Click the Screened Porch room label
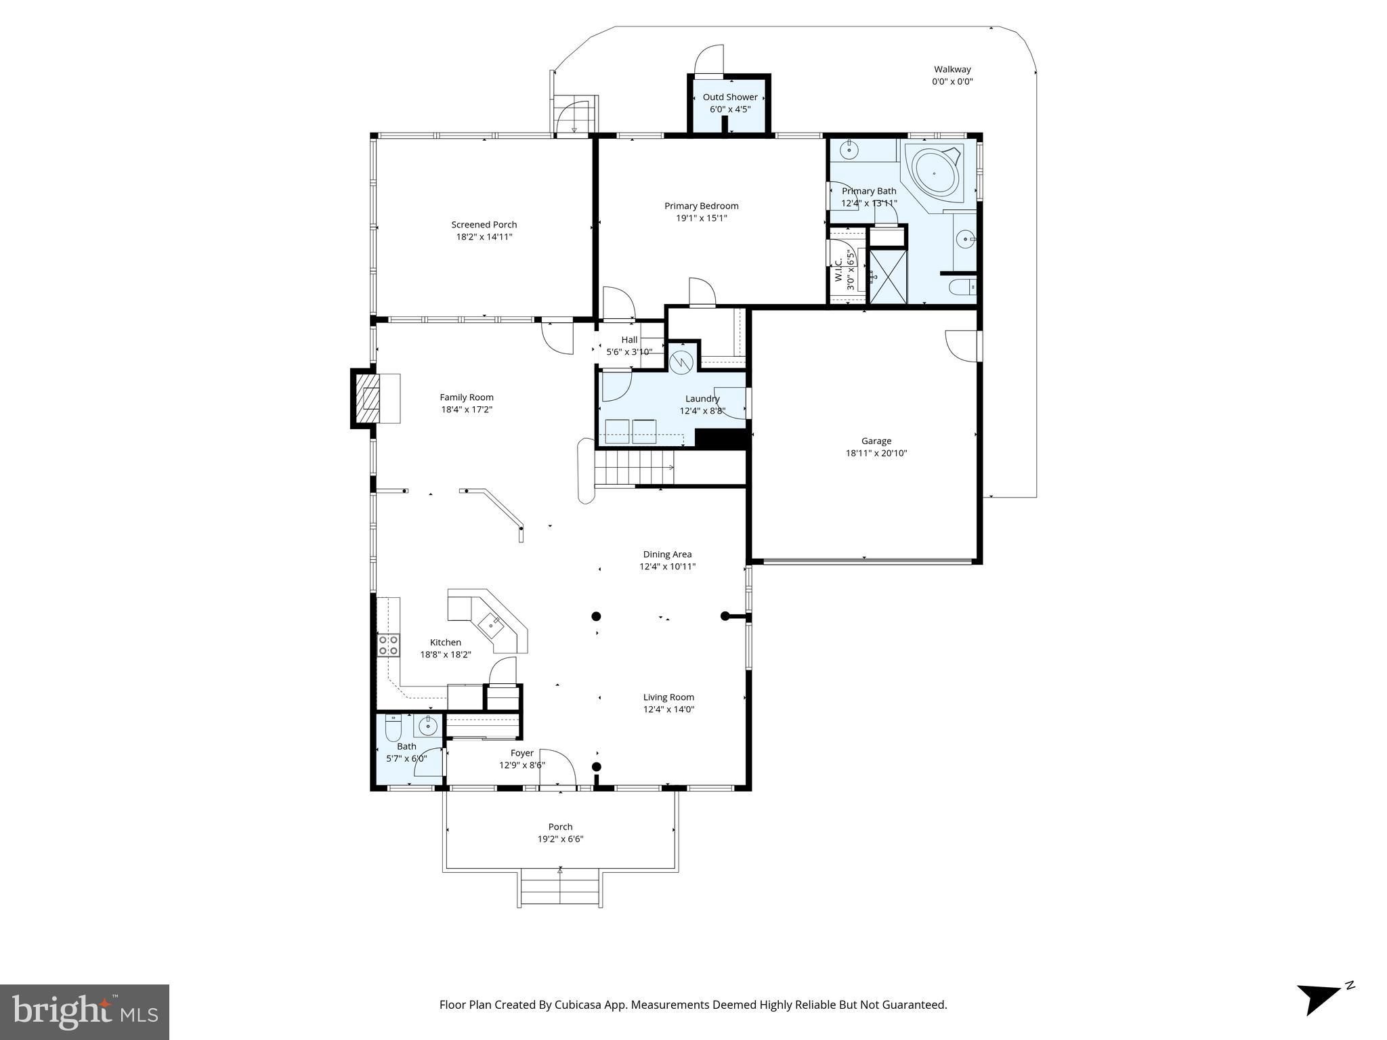[x=484, y=225]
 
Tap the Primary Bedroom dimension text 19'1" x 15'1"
[x=701, y=218]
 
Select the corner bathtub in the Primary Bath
[x=935, y=173]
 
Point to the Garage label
[x=876, y=441]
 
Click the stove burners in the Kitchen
[x=388, y=645]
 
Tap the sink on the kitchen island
[x=490, y=622]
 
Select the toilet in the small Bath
[x=393, y=729]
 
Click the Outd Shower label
[x=729, y=97]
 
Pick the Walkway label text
[x=952, y=69]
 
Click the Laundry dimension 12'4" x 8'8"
[x=702, y=411]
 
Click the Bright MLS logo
[x=85, y=1012]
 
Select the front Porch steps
[x=560, y=888]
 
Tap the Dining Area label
[x=667, y=555]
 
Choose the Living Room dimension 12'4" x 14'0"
[x=668, y=710]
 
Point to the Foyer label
[x=521, y=753]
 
